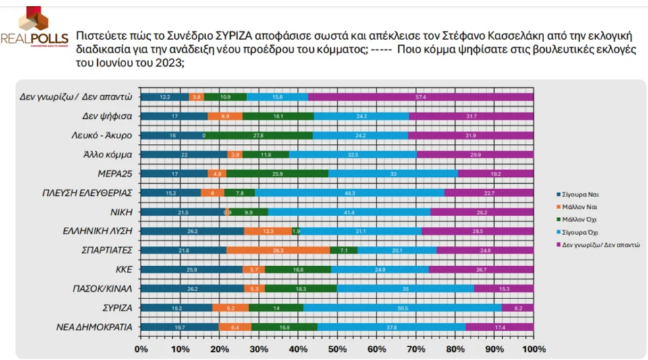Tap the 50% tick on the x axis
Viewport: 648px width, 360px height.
point(337,349)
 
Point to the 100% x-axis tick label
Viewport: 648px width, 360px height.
point(534,349)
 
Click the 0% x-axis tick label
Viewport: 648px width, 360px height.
point(141,349)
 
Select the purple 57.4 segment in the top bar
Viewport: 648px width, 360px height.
point(421,97)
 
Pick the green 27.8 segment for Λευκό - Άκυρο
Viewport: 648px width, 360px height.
point(259,136)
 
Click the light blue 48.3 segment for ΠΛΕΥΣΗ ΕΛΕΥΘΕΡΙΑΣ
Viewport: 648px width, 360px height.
point(350,193)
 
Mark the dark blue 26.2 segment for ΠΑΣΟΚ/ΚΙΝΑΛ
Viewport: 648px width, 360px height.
point(192,289)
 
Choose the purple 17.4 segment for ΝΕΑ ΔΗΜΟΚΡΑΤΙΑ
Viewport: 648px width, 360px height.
point(499,328)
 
